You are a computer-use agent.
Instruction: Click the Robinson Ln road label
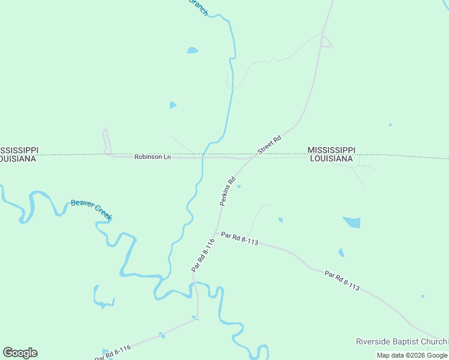pos(152,157)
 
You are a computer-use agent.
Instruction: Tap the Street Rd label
pos(269,145)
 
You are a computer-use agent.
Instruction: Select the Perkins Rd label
pos(227,191)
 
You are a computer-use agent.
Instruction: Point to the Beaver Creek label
pos(91,209)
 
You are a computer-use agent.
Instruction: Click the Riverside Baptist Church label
pos(401,341)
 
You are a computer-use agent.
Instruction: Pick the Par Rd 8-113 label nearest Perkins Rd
pos(240,239)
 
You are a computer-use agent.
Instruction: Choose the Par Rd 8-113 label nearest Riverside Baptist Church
pos(342,281)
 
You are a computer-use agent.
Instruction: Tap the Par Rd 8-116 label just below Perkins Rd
pos(203,255)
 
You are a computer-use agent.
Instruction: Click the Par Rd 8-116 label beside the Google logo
pos(113,352)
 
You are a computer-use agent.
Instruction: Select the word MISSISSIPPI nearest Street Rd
pos(331,149)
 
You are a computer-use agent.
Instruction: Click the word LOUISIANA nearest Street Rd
pos(331,158)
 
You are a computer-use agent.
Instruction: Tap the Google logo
pos(20,353)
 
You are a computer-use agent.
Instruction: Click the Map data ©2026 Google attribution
pos(412,355)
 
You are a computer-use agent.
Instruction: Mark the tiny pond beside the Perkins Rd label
pos(239,187)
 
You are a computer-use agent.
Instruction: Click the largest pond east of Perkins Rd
pos(352,222)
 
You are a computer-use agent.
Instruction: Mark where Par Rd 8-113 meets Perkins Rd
pos(215,234)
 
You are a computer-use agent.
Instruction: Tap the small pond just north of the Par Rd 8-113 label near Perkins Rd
pos(280,220)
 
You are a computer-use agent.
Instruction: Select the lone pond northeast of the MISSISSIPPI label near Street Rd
pos(390,125)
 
